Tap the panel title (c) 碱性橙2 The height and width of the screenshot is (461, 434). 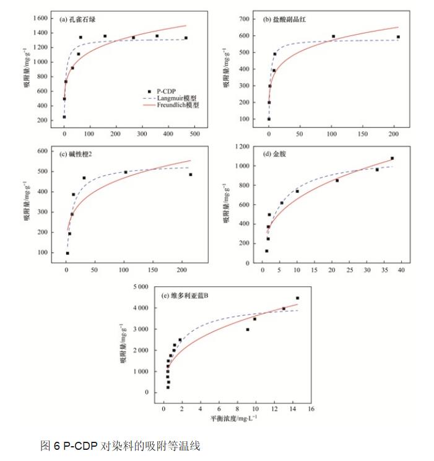[78, 154]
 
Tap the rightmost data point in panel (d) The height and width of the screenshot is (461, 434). [392, 158]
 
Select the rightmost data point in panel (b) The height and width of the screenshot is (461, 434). [398, 37]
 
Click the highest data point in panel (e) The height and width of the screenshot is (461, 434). [297, 298]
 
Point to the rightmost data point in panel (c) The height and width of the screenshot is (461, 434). [191, 175]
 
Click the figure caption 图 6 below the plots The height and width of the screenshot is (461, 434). [120, 446]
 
